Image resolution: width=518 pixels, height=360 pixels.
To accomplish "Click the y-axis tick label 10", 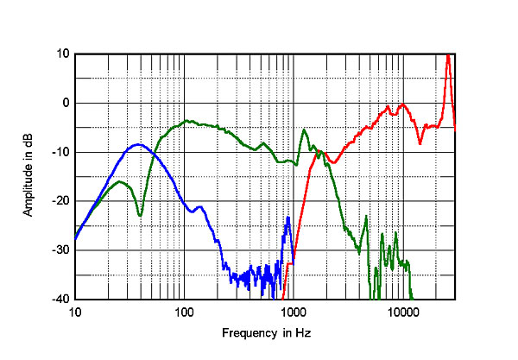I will [62, 54].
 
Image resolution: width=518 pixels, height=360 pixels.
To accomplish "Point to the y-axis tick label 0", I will [66, 103].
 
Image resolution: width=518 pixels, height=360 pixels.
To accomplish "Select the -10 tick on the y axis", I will [60, 152].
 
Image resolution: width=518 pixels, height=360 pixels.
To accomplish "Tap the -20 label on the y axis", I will [60, 201].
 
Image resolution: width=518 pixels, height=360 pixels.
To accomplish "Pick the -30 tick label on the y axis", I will [60, 250].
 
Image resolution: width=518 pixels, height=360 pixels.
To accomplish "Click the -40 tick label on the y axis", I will [60, 300].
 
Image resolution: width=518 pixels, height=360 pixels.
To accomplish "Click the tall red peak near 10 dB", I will [448, 56].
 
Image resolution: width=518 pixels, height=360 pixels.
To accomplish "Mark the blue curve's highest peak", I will [137, 144].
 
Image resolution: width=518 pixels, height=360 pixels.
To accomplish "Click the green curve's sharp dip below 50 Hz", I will [140, 215].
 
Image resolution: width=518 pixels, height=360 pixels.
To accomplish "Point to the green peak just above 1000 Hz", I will [304, 130].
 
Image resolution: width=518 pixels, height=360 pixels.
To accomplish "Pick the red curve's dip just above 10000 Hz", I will [420, 142].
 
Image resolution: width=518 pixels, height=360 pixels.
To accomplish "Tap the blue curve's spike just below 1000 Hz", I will [287, 218].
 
